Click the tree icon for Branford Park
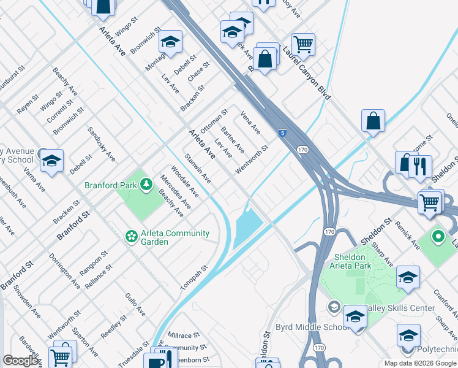tap(146, 184)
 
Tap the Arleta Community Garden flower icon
tap(130, 236)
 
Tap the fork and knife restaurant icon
tap(420, 166)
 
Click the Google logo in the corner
tap(20, 361)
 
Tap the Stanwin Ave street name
tap(198, 170)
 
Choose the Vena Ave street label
tap(250, 123)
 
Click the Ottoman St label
tap(214, 120)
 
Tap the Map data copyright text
tap(419, 363)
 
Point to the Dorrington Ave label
tap(64, 271)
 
